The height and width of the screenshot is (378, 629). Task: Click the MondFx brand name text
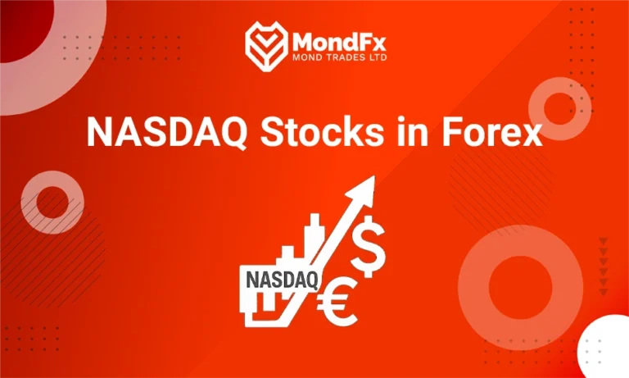pyautogui.click(x=336, y=39)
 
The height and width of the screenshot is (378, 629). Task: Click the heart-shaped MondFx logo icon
pyautogui.click(x=265, y=43)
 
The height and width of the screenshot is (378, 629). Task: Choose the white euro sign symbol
pyautogui.click(x=336, y=303)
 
